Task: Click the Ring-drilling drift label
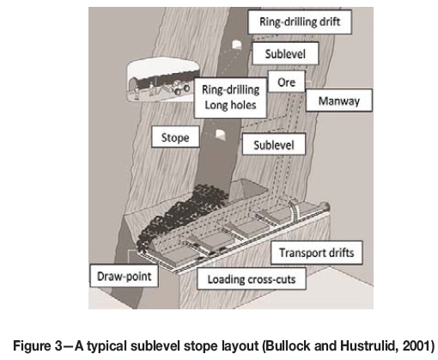pyautogui.click(x=300, y=22)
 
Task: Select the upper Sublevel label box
pyautogui.click(x=285, y=53)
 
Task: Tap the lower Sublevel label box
pyautogui.click(x=274, y=144)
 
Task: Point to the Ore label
pyautogui.click(x=286, y=82)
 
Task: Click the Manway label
pyautogui.click(x=339, y=101)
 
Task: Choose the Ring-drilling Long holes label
pyautogui.click(x=230, y=97)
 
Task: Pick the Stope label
pyautogui.click(x=175, y=137)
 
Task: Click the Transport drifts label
pyautogui.click(x=317, y=253)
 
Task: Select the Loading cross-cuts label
pyautogui.click(x=252, y=278)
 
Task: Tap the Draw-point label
pyautogui.click(x=125, y=276)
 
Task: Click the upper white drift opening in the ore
pyautogui.click(x=236, y=45)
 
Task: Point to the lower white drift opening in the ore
pyautogui.click(x=220, y=134)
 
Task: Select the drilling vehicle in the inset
pyautogui.click(x=180, y=87)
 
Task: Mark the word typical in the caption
pyautogui.click(x=108, y=346)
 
